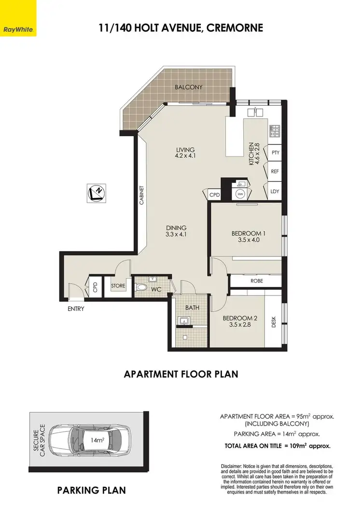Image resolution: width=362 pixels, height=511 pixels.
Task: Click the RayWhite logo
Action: (18, 17)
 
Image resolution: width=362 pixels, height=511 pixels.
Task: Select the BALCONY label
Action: (188, 87)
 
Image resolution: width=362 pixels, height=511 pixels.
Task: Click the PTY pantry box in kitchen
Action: (276, 153)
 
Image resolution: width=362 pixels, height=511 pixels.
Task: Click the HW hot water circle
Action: (240, 194)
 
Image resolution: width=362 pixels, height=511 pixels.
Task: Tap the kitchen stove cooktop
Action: (275, 131)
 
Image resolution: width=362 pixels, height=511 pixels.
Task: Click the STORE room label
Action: (118, 286)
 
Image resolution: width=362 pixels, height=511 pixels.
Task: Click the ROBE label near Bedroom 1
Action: (256, 281)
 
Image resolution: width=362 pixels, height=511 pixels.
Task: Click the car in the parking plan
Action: (92, 440)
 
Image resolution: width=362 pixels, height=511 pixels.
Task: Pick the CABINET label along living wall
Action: (142, 196)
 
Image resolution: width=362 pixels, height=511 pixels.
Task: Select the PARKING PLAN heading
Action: (91, 490)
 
